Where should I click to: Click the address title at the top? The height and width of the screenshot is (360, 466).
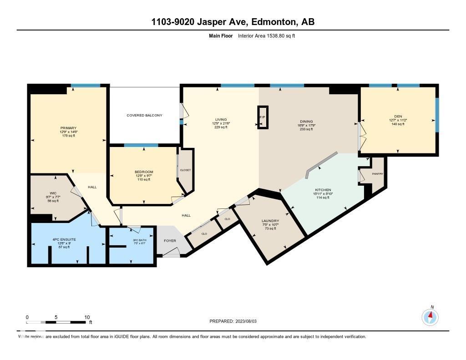click(x=233, y=22)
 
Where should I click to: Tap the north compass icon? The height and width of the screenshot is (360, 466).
click(x=430, y=316)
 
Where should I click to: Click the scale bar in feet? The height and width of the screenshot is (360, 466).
click(x=56, y=322)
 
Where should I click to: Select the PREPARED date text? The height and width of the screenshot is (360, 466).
click(x=233, y=321)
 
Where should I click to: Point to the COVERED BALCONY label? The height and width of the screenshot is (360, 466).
click(x=144, y=115)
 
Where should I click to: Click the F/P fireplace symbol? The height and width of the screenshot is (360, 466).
click(x=263, y=117)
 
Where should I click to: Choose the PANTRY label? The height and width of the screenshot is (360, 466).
click(x=377, y=174)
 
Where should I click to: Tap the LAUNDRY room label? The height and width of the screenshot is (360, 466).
click(x=270, y=221)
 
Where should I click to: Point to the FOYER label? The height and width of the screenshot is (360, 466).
click(x=170, y=241)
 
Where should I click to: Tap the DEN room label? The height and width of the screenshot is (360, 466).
click(x=398, y=117)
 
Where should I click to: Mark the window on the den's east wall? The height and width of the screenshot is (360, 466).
click(x=437, y=115)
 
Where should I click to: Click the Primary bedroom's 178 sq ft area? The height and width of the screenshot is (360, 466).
click(x=68, y=136)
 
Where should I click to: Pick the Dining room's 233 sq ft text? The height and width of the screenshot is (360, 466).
click(x=306, y=129)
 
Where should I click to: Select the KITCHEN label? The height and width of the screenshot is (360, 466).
click(x=323, y=190)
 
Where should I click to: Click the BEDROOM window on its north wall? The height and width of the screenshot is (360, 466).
click(x=141, y=145)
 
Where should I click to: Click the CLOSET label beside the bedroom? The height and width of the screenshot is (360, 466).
click(x=185, y=170)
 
